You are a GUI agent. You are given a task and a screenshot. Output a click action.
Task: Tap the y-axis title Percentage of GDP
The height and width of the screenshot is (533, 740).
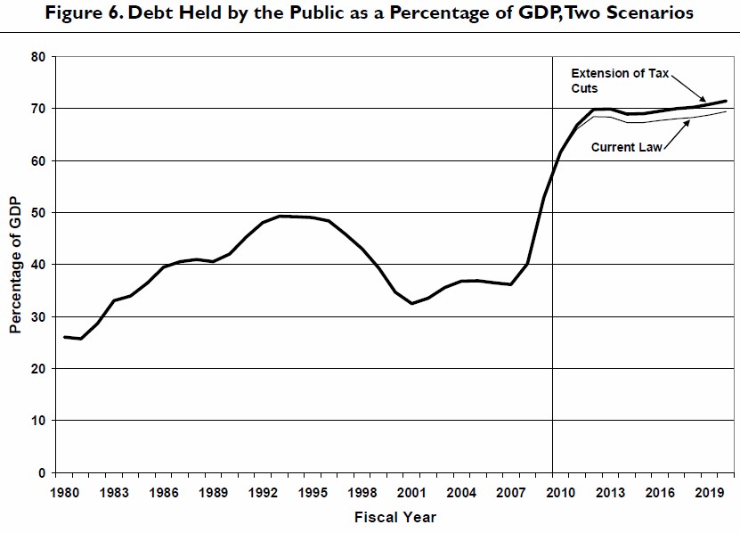click(15, 265)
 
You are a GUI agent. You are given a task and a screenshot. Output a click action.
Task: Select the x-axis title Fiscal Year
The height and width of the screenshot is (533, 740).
click(394, 517)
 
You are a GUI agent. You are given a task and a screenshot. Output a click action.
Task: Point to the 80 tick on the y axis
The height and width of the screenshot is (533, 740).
click(38, 56)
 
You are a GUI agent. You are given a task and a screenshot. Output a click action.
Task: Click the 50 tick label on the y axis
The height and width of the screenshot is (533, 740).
click(38, 212)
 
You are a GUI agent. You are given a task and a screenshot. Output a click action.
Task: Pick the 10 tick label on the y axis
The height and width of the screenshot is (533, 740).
click(38, 420)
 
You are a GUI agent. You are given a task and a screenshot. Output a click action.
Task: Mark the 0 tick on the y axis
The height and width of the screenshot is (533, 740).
click(42, 472)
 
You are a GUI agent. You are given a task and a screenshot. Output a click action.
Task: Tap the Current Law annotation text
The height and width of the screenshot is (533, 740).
click(627, 147)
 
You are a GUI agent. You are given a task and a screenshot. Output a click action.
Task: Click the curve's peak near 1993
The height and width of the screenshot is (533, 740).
click(280, 216)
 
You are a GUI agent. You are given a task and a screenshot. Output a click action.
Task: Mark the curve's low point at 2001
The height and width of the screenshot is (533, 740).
click(411, 303)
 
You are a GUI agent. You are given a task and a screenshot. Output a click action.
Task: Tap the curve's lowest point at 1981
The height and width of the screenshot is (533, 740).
click(81, 339)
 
